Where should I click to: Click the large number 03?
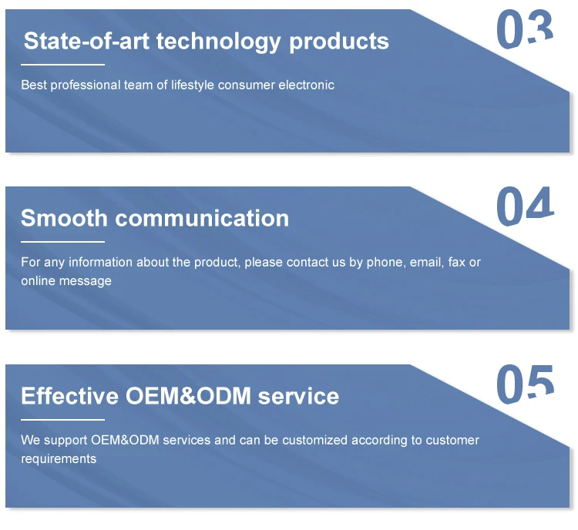click(525, 29)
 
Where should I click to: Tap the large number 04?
click(526, 206)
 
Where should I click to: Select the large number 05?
click(526, 384)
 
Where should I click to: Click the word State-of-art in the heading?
click(86, 41)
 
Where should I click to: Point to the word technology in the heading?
click(219, 42)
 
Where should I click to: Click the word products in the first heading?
click(339, 42)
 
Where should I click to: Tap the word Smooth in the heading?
click(64, 218)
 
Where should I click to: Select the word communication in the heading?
click(202, 218)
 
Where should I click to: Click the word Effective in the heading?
click(69, 396)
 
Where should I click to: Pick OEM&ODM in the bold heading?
click(188, 396)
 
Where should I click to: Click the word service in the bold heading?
click(298, 396)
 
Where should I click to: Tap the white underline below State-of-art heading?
click(62, 65)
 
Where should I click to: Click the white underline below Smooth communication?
click(62, 242)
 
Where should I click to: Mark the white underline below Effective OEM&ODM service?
click(62, 419)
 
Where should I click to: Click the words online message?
click(66, 281)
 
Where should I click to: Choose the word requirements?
click(59, 459)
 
